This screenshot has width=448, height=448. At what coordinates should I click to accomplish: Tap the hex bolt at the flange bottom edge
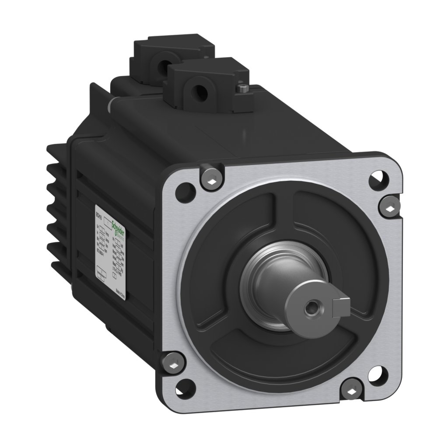click(x=353, y=388)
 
